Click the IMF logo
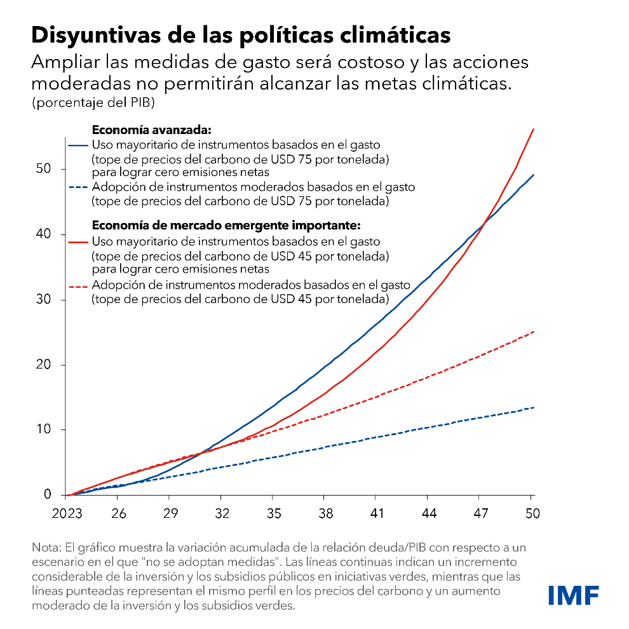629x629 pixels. coord(573,595)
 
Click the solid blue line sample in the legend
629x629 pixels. coord(78,144)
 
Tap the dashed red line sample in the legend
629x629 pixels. coord(78,285)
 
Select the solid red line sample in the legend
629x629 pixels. coord(78,241)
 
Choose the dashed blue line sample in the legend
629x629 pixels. coord(78,187)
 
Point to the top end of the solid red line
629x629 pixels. coord(533,129)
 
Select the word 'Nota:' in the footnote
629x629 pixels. coord(45,547)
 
